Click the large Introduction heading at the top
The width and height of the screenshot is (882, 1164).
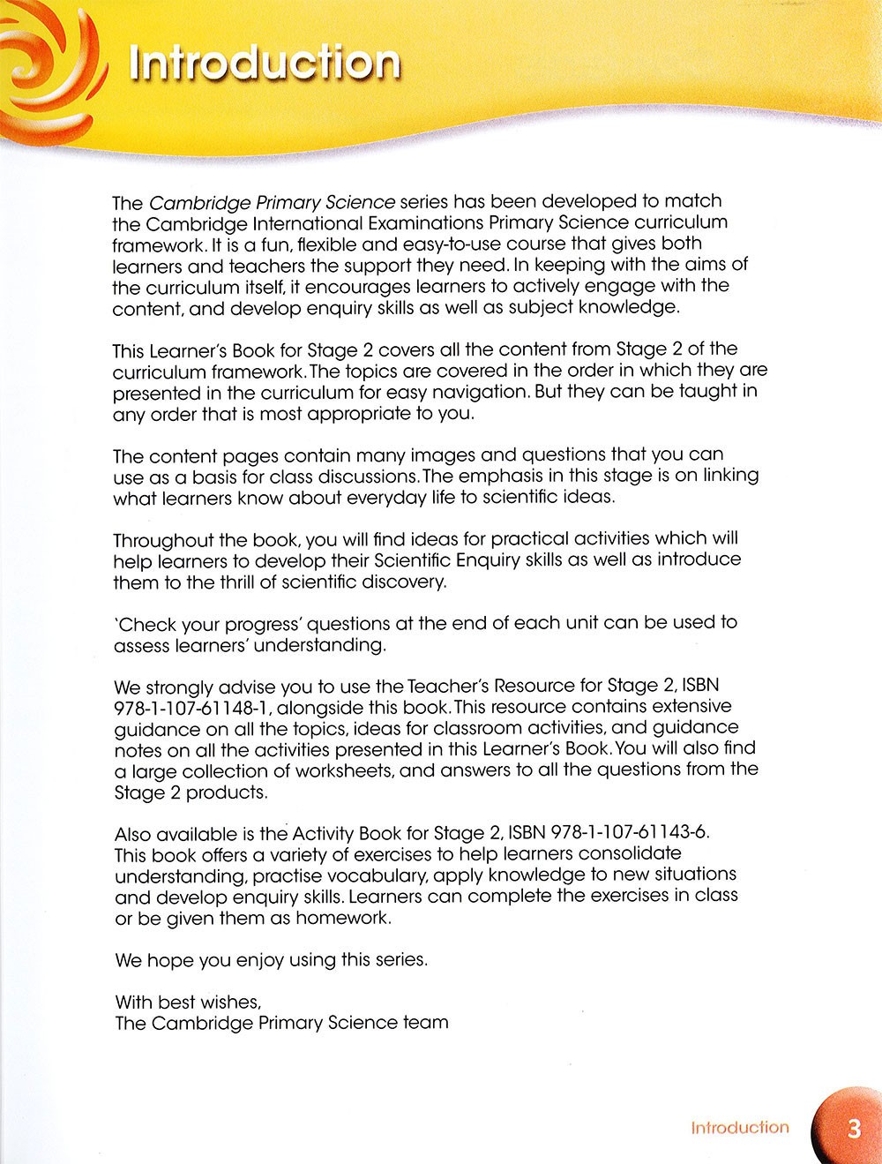click(x=264, y=64)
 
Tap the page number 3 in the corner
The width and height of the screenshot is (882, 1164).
click(x=853, y=1129)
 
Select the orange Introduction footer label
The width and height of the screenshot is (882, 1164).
click(x=739, y=1128)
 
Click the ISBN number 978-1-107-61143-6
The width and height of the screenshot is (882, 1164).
click(x=629, y=833)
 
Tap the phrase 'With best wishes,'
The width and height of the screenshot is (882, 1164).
click(x=188, y=1002)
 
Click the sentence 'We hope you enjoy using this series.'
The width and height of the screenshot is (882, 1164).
click(x=271, y=959)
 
